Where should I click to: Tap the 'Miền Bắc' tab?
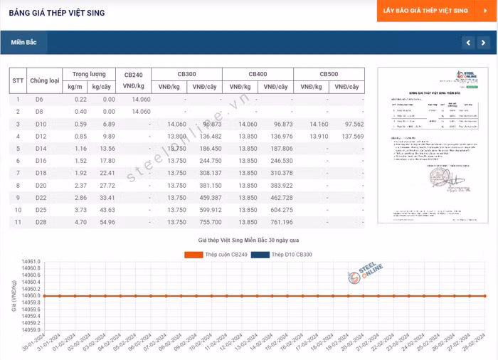[23, 43]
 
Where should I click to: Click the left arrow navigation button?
[468, 43]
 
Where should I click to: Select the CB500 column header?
[329, 74]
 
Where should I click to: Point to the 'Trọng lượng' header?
[89, 74]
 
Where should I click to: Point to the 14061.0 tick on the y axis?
[31, 262]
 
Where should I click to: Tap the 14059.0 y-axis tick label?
[31, 329]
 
